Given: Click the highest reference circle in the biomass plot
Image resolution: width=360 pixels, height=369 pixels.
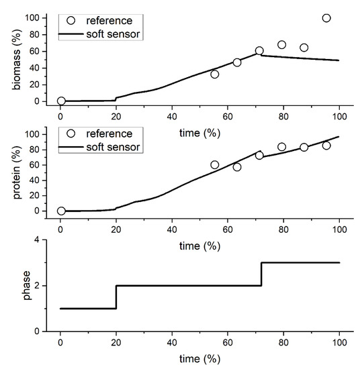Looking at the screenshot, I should [326, 18].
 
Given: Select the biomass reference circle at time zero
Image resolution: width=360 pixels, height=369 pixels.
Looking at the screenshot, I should [61, 101].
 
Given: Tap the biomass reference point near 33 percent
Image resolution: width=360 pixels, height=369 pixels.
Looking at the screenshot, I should [215, 74].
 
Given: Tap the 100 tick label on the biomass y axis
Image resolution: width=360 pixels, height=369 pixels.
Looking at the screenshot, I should [42, 17].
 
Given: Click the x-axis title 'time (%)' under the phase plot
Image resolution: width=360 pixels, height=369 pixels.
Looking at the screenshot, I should [199, 360].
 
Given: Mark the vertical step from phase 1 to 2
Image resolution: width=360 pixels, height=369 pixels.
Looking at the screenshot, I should [117, 297].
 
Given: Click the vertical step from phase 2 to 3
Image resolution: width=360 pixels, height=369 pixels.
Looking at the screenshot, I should [261, 274].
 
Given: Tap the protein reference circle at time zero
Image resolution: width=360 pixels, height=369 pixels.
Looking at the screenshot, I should [61, 211].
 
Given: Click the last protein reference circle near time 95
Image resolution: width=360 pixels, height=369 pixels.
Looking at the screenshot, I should [326, 146].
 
